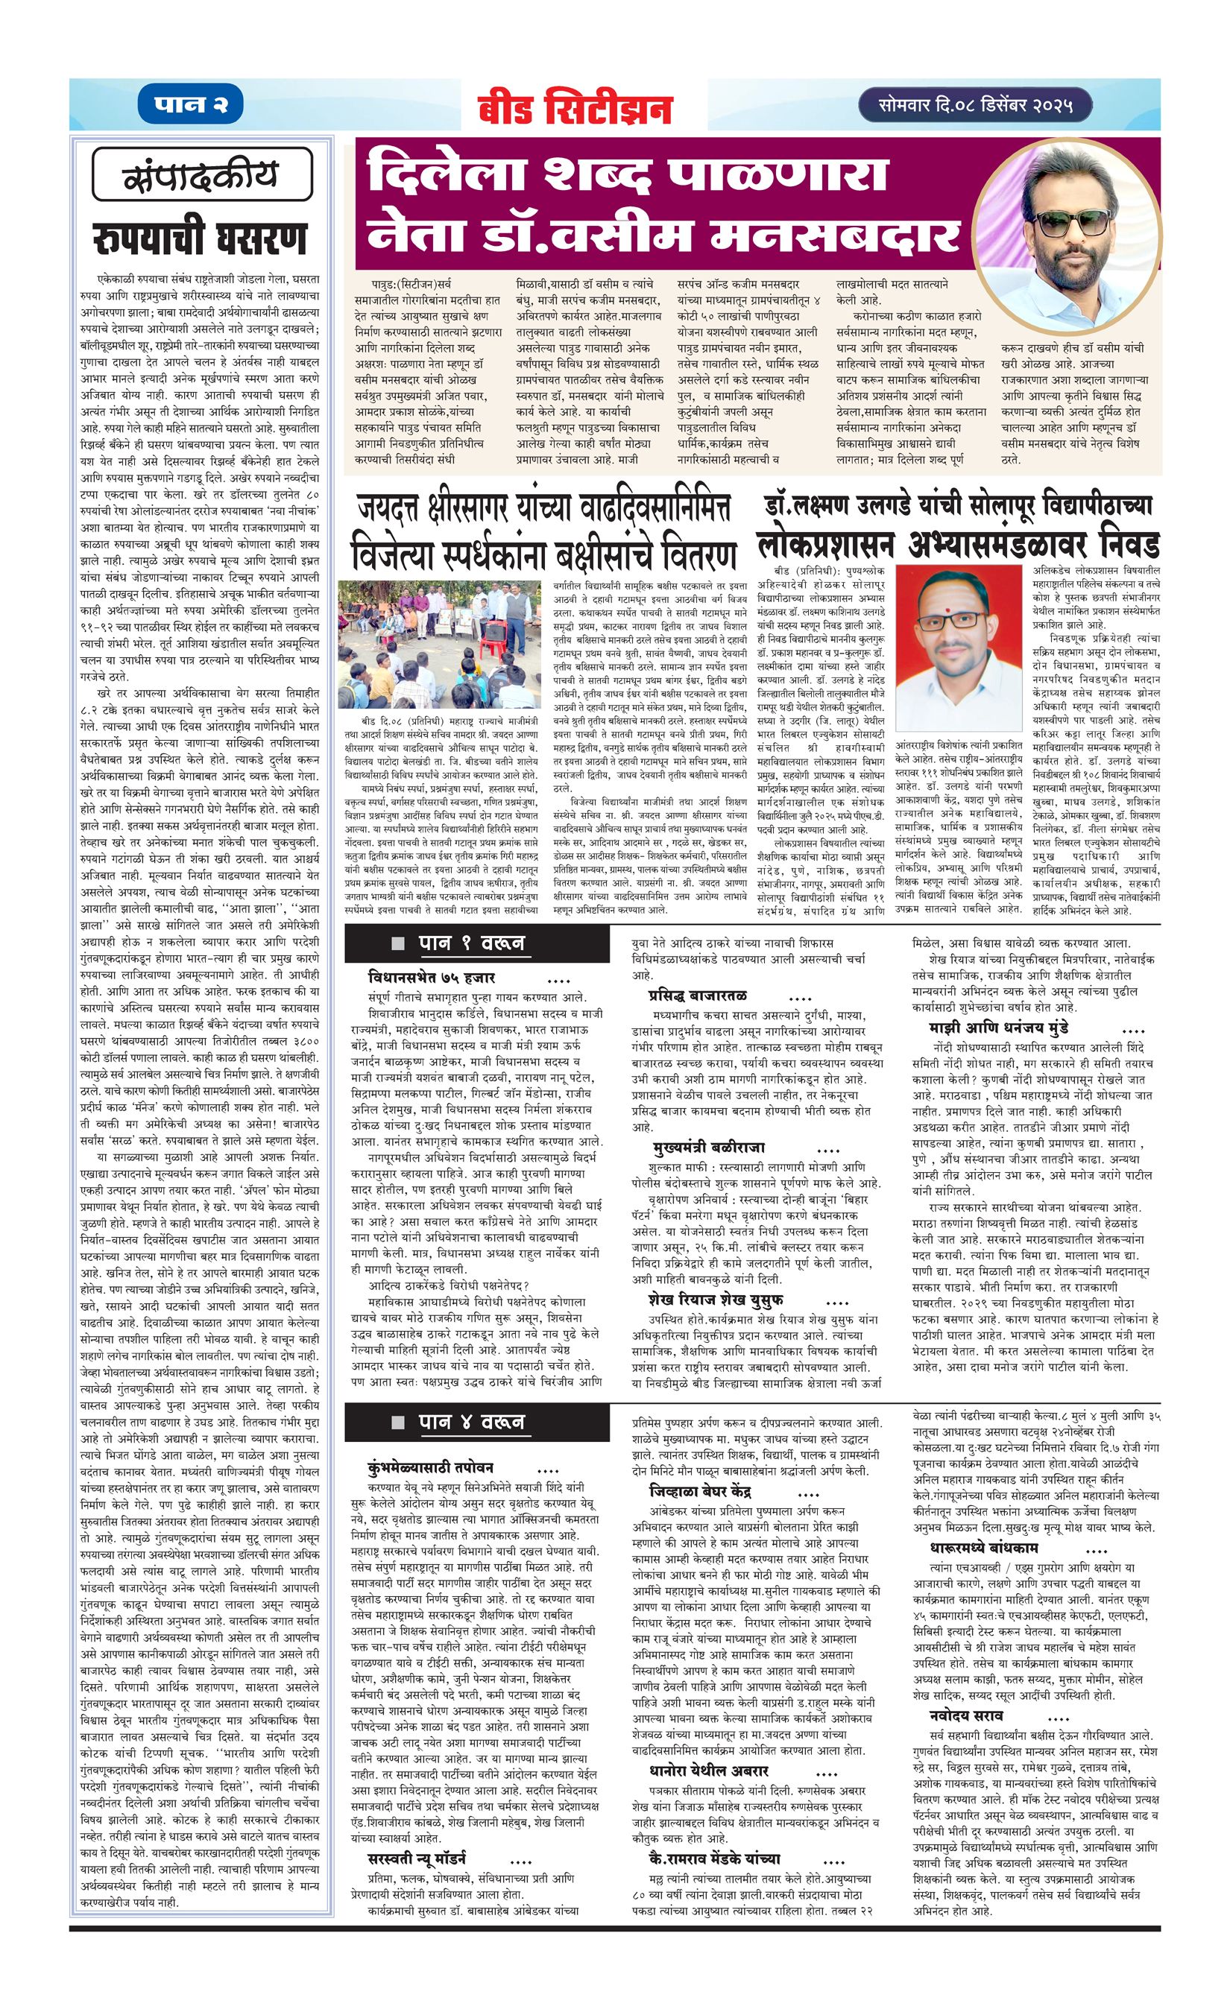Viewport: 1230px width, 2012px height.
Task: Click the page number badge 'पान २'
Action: click(x=191, y=105)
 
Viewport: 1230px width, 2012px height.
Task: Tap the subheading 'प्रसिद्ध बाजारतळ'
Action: click(x=698, y=996)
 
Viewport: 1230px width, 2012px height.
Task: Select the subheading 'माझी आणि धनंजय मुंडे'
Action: click(x=999, y=1027)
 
